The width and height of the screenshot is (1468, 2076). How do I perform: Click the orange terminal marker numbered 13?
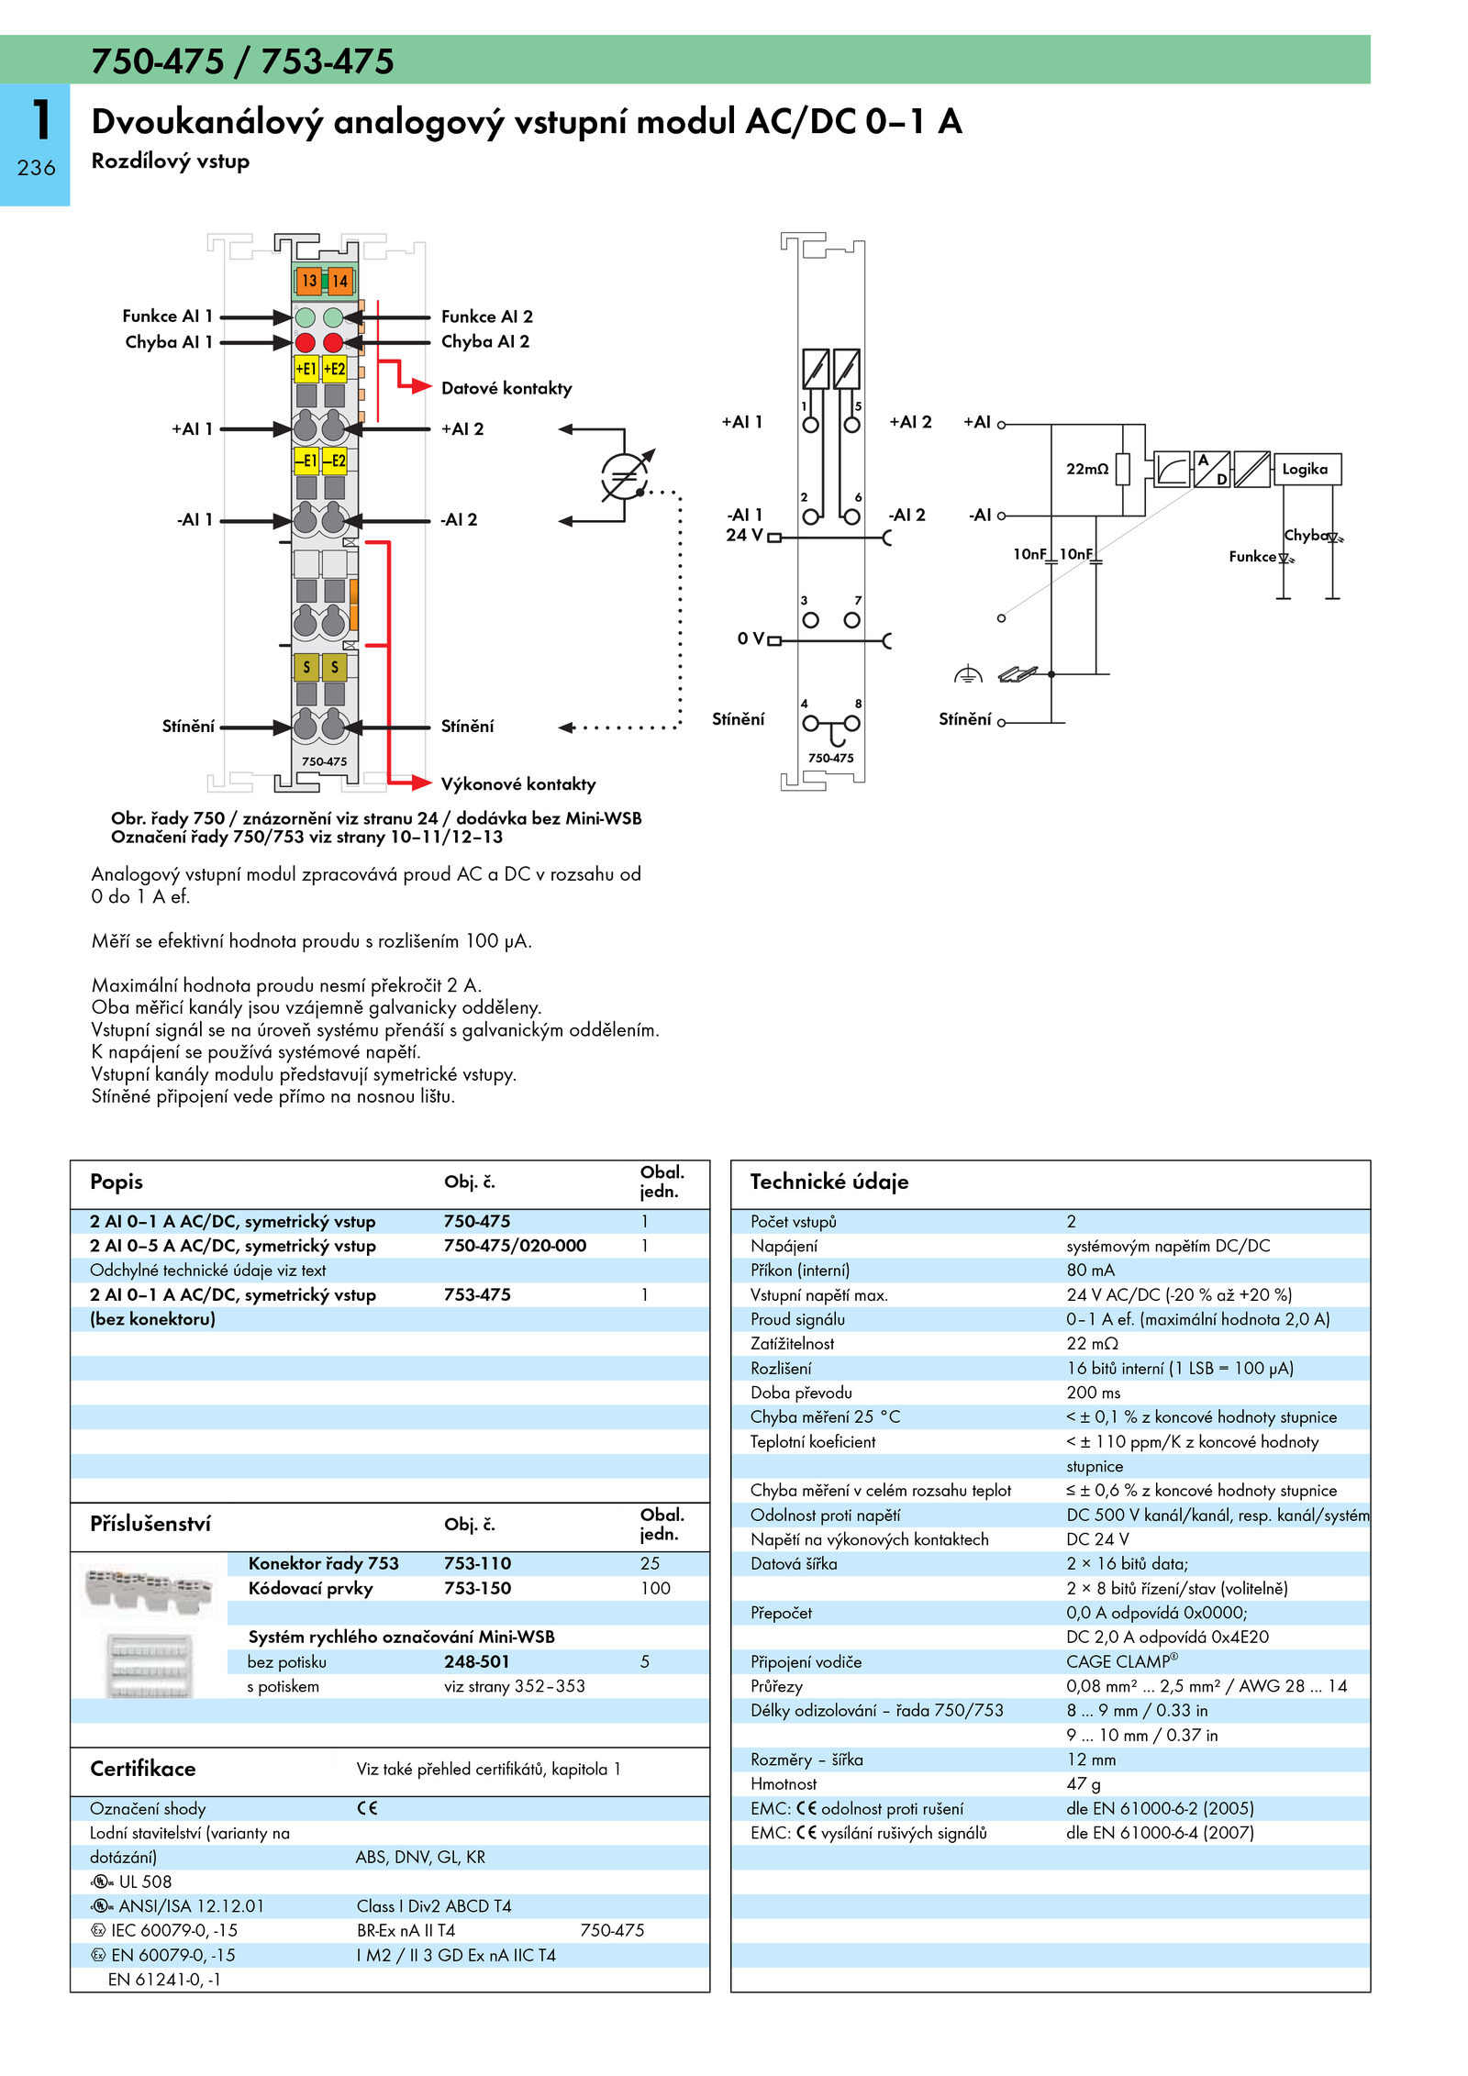(x=308, y=281)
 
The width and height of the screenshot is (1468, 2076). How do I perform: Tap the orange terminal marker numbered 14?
(x=339, y=281)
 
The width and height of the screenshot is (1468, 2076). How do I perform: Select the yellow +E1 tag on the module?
(x=306, y=369)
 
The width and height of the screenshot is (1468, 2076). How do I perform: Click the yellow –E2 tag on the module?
(x=334, y=461)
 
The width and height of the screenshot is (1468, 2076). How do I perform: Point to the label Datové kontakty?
(x=506, y=388)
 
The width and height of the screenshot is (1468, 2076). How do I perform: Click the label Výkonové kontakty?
(x=518, y=784)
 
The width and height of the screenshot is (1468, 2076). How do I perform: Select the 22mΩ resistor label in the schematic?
(x=1087, y=469)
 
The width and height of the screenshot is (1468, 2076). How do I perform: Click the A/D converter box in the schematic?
(x=1212, y=469)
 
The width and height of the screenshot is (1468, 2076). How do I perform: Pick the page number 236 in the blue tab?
(x=36, y=168)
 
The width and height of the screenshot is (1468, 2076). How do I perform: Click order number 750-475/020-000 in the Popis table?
(x=515, y=1246)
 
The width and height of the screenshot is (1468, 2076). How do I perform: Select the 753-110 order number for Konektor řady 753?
(x=477, y=1563)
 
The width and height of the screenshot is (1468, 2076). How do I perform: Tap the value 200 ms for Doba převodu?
(x=1094, y=1393)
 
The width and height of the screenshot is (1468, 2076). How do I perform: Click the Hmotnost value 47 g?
(x=1084, y=1784)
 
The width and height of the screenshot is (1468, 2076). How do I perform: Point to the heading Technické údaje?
(x=829, y=1182)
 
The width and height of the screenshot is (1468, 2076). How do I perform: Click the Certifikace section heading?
(x=143, y=1769)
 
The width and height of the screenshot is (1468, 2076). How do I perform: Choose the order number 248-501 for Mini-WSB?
(x=477, y=1661)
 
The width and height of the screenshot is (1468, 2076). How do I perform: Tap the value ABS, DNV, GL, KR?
(x=421, y=1857)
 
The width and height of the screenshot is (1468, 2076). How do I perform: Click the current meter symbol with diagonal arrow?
(x=625, y=476)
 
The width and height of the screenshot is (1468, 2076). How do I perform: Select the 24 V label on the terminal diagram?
(x=744, y=535)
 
